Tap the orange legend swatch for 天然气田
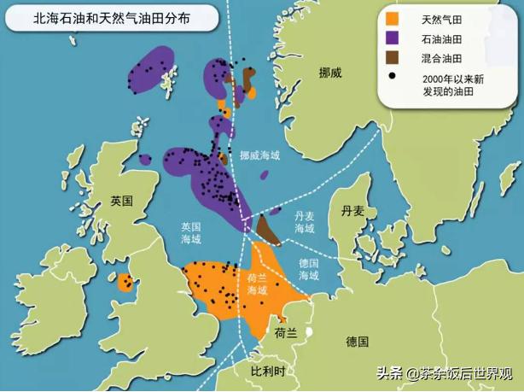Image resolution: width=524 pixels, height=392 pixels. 393,19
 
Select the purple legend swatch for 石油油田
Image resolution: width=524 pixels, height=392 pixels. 393,38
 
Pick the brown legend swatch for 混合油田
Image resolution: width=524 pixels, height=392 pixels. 393,58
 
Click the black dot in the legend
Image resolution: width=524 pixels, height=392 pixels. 393,78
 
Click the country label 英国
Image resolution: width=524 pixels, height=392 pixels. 122,202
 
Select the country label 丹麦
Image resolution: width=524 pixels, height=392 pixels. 352,210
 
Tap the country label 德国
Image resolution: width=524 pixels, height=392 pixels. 358,342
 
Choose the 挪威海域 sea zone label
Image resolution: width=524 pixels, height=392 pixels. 259,156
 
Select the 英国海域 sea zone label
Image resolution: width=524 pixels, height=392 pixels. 190,234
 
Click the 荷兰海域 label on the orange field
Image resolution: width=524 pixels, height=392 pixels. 258,284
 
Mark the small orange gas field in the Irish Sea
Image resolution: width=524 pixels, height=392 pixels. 126,283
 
